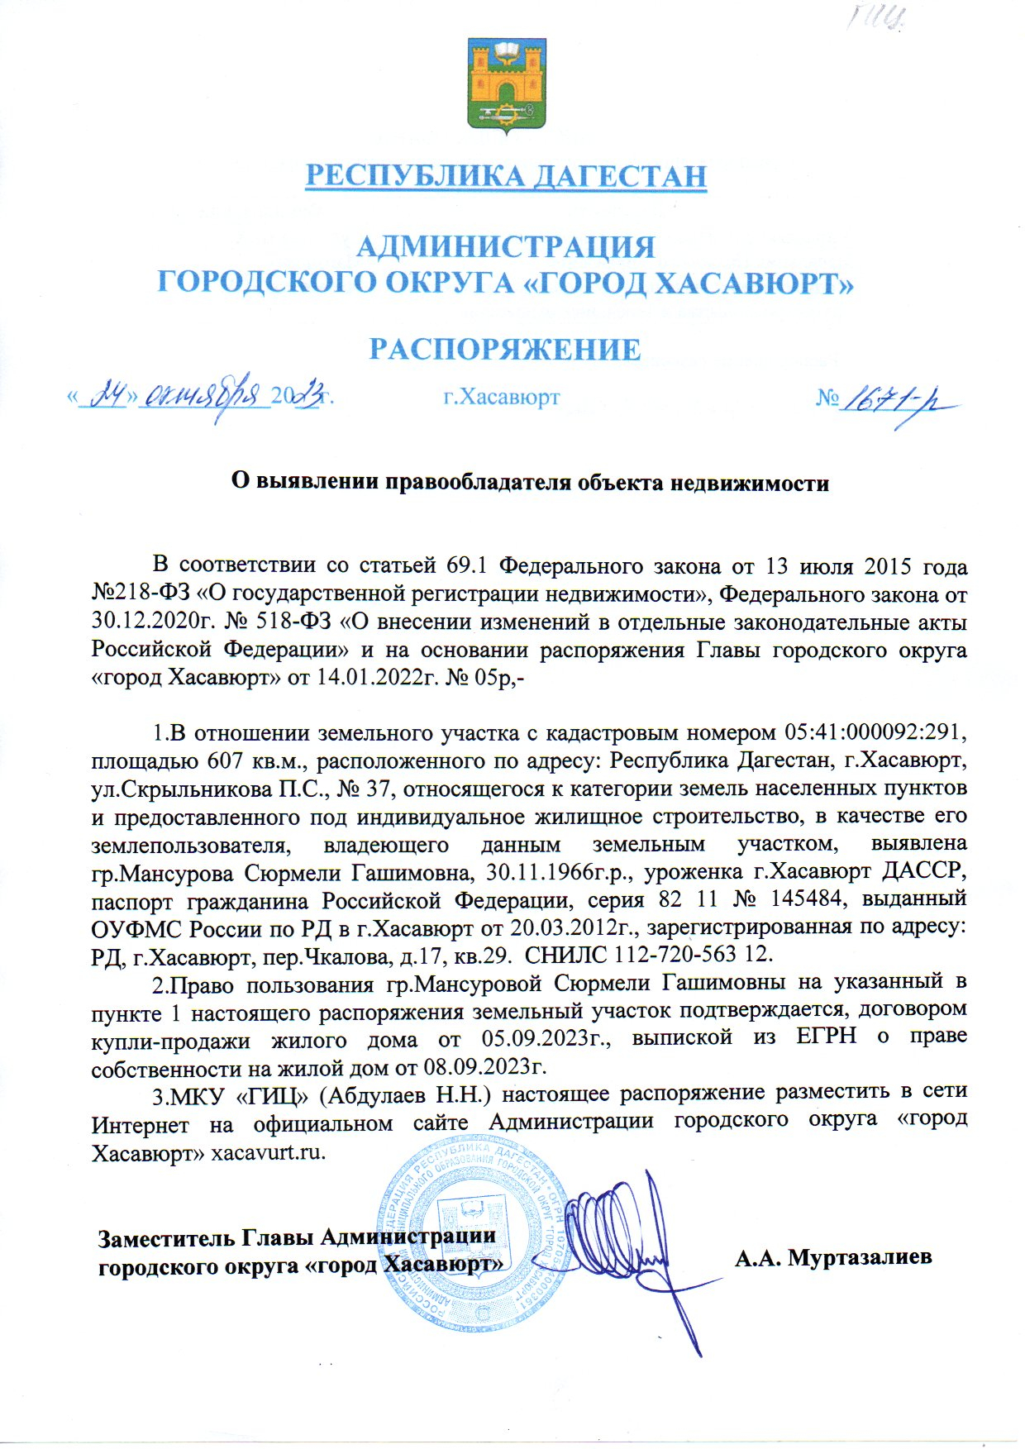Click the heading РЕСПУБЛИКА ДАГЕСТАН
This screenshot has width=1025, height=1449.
click(507, 176)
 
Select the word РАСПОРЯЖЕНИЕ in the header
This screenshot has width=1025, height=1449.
click(505, 349)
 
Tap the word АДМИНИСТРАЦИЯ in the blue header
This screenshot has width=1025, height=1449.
click(505, 246)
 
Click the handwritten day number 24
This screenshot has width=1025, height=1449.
click(107, 398)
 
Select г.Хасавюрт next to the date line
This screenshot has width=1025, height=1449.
click(502, 398)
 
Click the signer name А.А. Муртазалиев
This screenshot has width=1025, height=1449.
click(833, 1257)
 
